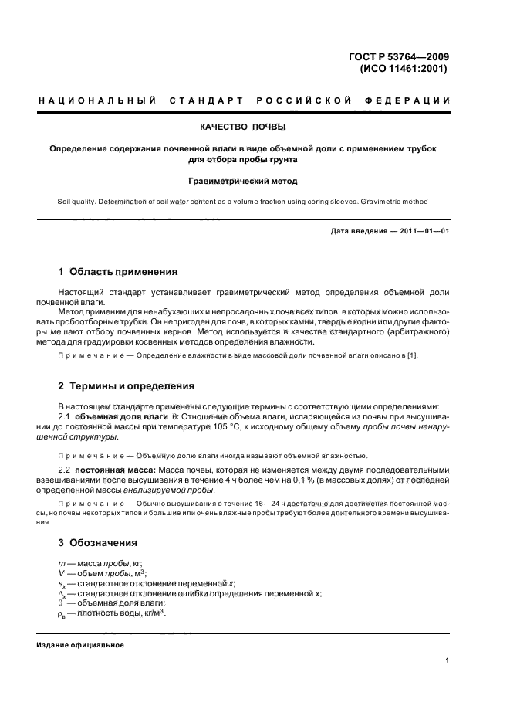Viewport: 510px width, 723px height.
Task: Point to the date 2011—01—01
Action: [417, 231]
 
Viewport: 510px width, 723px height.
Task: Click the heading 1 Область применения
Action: [118, 272]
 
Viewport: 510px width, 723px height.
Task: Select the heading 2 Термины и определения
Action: [127, 385]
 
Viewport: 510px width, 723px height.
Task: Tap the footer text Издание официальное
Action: [80, 645]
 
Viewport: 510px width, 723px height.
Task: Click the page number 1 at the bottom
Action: [448, 660]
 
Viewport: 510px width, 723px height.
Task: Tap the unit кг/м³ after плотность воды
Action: [153, 613]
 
